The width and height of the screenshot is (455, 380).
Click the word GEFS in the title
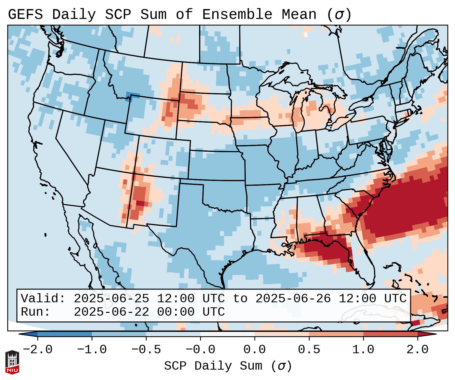click(x=25, y=15)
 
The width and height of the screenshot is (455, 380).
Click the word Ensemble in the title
click(x=237, y=15)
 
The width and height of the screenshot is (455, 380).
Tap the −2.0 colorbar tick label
click(x=38, y=350)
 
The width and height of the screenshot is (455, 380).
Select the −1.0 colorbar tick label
click(x=92, y=350)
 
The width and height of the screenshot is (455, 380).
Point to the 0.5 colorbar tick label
click(x=309, y=350)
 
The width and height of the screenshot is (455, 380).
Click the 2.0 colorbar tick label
click(x=417, y=350)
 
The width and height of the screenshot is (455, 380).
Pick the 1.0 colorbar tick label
click(x=363, y=350)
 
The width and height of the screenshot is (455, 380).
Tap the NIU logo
click(x=12, y=362)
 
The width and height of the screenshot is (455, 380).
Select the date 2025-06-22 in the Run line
click(x=111, y=312)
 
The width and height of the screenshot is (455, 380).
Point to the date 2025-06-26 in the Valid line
click(x=293, y=298)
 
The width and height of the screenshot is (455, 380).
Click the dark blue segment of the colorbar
click(x=65, y=334)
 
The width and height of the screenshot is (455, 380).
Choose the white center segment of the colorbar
click(x=227, y=334)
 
